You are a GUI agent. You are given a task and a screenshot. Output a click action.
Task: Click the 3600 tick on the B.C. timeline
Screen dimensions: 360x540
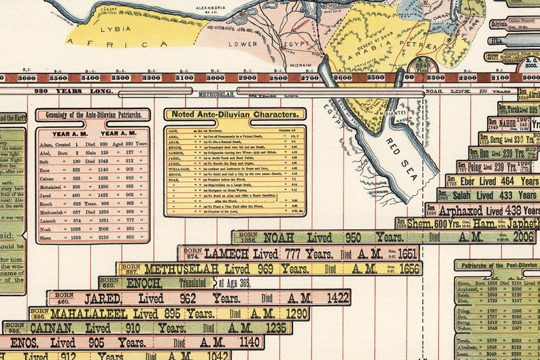pyautogui.click(x=27, y=78)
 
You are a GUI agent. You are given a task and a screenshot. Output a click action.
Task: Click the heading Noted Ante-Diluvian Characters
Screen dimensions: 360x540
pyautogui.click(x=234, y=115)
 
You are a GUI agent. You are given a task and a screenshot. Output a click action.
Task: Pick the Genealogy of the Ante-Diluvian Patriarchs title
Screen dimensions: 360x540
pyautogui.click(x=92, y=115)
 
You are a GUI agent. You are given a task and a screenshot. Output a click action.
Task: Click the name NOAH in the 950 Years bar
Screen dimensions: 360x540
pyautogui.click(x=279, y=238)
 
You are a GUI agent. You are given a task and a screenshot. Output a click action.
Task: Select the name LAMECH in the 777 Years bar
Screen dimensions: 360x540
pyautogui.click(x=226, y=254)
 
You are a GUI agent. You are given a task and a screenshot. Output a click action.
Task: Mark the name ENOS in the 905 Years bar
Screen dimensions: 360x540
pyautogui.click(x=24, y=342)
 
